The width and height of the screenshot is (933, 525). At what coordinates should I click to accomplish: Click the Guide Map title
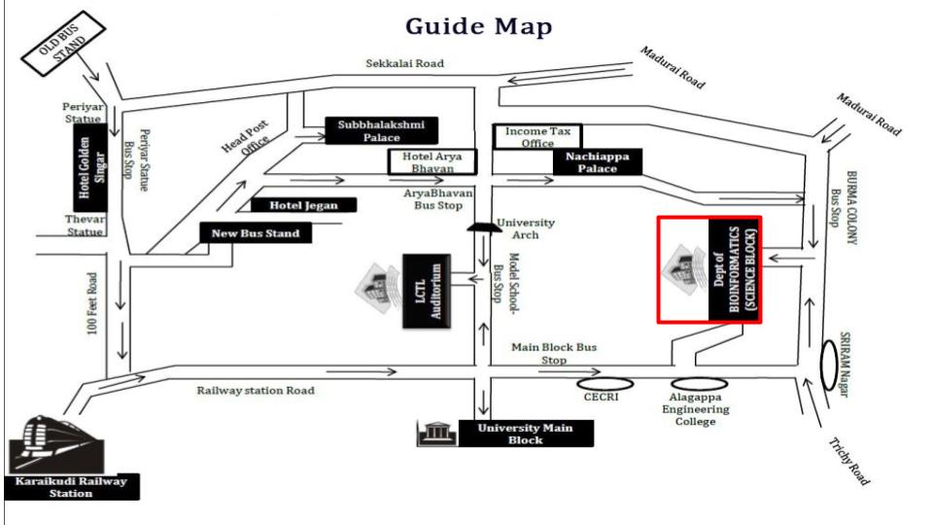click(x=478, y=26)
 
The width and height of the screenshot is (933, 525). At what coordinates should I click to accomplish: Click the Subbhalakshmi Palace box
click(x=381, y=130)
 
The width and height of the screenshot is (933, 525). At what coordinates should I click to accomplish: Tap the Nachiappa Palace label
click(x=598, y=161)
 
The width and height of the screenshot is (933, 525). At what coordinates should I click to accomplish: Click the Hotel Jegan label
click(x=303, y=205)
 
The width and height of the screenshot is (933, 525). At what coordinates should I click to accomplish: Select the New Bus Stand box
click(x=256, y=233)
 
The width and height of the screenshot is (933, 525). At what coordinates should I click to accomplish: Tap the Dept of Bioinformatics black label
click(x=735, y=269)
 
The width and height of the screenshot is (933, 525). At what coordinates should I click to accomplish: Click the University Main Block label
click(x=524, y=435)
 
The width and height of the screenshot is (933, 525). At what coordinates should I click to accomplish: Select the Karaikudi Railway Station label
click(x=71, y=487)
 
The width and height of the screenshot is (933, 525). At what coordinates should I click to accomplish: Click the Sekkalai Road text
click(x=404, y=63)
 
